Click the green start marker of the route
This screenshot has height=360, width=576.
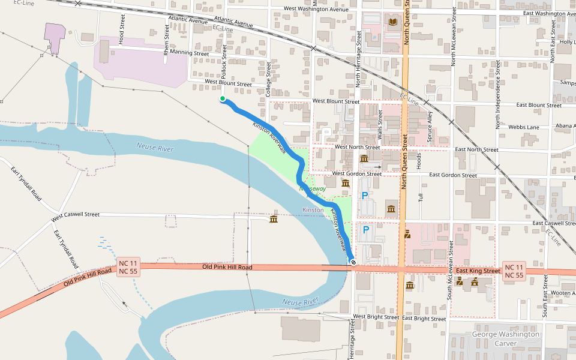(223, 99)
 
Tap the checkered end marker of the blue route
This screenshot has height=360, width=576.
(353, 262)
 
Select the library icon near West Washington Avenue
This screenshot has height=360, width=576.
(393, 23)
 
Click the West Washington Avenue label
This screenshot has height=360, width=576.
(316, 9)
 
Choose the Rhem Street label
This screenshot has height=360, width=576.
(167, 40)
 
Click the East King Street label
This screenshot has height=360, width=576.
(478, 271)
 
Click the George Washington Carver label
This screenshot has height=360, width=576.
(506, 339)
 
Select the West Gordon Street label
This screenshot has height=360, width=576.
(357, 174)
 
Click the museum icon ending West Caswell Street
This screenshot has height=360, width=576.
(274, 219)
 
